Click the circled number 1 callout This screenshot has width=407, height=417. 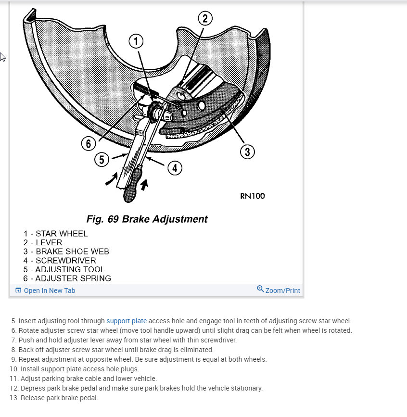136,42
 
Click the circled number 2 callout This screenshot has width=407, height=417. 205,19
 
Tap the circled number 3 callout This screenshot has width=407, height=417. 247,152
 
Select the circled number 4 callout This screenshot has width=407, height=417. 174,168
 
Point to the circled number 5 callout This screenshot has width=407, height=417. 102,160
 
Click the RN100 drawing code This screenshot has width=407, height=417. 252,196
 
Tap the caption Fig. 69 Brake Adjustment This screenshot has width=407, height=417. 147,219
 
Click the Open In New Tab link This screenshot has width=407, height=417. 49,291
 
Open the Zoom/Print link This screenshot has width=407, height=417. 282,291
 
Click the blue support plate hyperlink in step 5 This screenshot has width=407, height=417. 127,321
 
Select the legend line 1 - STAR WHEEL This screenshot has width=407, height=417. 55,234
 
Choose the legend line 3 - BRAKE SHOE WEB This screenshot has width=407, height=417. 66,252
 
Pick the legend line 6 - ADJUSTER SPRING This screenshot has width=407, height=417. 67,278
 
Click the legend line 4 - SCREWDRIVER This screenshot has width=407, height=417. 59,261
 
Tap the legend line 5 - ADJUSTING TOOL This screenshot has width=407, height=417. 64,269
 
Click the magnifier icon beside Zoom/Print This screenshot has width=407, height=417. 260,289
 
